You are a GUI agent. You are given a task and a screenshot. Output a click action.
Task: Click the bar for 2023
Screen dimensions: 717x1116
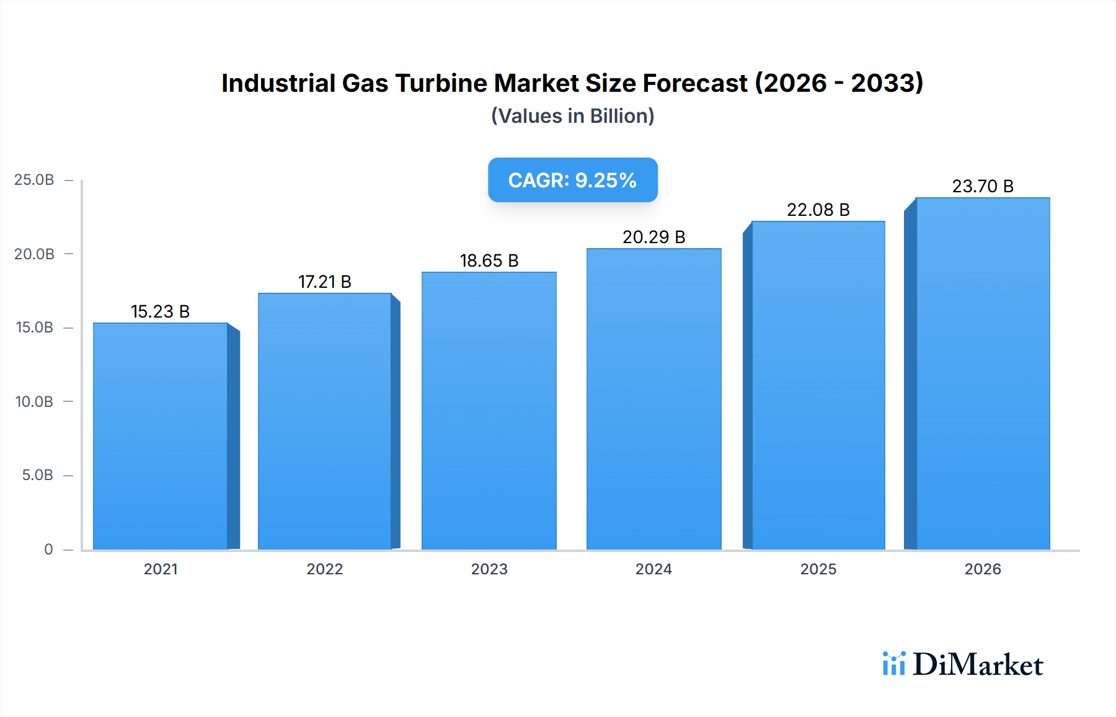[x=489, y=411]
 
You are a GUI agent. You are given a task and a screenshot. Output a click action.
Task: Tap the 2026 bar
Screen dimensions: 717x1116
[x=983, y=373]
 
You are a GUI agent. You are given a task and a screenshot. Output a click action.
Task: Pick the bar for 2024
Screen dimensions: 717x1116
[x=654, y=399]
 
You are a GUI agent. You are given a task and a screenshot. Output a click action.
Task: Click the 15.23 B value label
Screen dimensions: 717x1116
[x=160, y=311]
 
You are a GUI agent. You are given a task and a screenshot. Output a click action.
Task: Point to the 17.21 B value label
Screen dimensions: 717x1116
[x=324, y=282]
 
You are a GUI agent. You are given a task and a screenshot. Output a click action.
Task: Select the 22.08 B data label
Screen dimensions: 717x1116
[x=818, y=210]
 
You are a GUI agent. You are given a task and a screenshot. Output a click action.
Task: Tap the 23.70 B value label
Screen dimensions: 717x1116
[x=983, y=186]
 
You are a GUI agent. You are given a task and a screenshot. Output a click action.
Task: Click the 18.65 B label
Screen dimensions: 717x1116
[x=489, y=261]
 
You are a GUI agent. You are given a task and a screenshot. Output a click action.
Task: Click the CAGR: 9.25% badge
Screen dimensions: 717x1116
[x=572, y=180]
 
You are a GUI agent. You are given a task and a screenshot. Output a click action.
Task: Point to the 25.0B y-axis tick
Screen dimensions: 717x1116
[x=34, y=180]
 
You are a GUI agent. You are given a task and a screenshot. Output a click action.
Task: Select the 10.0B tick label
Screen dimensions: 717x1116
[x=34, y=401]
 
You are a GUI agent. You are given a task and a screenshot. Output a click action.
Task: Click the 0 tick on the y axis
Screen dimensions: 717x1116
[x=48, y=549]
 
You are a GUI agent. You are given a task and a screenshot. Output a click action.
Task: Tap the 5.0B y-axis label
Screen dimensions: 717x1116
[x=37, y=475]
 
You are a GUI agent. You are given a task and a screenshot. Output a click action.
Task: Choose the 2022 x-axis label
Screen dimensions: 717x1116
[x=324, y=569]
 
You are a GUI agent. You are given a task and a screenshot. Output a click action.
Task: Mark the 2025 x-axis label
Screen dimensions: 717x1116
[x=818, y=569]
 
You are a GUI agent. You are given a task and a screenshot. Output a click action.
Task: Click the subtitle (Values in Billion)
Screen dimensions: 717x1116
[x=572, y=116]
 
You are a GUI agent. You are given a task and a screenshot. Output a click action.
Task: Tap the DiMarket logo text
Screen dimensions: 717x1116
[x=978, y=664]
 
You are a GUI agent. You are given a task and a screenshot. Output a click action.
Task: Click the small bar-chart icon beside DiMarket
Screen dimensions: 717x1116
[x=893, y=664]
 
